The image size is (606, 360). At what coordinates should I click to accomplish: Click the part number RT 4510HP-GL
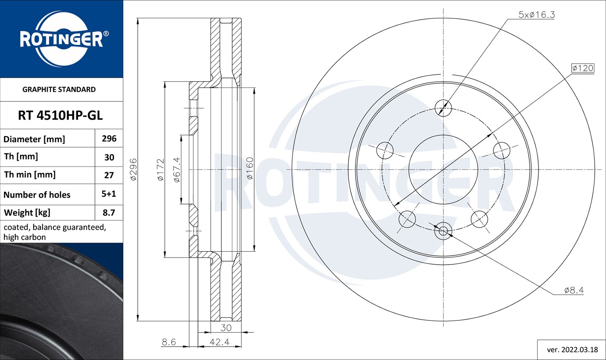60,116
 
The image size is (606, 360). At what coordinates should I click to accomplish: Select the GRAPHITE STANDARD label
59,89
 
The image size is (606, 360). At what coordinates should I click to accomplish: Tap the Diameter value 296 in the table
109,139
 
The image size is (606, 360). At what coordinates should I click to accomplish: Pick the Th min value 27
109,175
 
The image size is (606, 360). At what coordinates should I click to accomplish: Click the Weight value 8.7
109,213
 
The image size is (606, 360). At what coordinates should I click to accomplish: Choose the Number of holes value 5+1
109,194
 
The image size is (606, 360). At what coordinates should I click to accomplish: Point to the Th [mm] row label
21,156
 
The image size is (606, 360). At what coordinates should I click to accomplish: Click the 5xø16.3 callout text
537,15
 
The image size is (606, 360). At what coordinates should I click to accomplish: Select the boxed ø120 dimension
583,68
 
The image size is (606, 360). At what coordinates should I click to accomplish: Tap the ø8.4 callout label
574,290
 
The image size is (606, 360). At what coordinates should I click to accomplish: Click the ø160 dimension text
250,169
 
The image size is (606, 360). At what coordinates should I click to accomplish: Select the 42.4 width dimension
219,342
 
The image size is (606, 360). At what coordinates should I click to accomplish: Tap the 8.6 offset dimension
168,342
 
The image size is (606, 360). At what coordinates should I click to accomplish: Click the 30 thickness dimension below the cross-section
226,328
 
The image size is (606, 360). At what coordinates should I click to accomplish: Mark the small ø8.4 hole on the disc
443,231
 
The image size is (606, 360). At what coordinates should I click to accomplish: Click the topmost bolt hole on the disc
443,107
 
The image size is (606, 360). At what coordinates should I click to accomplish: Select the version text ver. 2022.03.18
572,349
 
